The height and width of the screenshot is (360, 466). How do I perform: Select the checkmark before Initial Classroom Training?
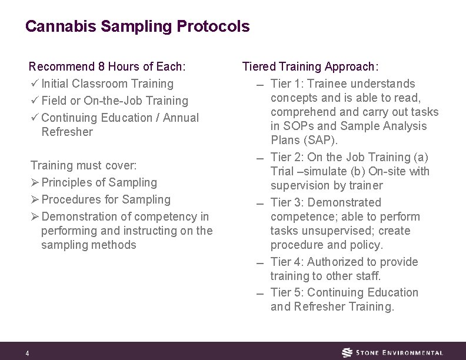tap(34, 84)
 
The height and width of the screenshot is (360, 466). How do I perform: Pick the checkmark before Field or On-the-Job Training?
tap(34, 101)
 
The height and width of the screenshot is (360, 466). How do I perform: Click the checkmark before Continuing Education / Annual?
tap(34, 118)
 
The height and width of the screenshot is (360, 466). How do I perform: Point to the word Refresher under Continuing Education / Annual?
tap(67, 132)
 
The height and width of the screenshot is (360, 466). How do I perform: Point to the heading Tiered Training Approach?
tap(311, 67)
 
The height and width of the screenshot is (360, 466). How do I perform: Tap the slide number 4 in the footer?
tap(27, 353)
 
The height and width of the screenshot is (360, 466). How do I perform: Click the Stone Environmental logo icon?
tap(348, 352)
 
